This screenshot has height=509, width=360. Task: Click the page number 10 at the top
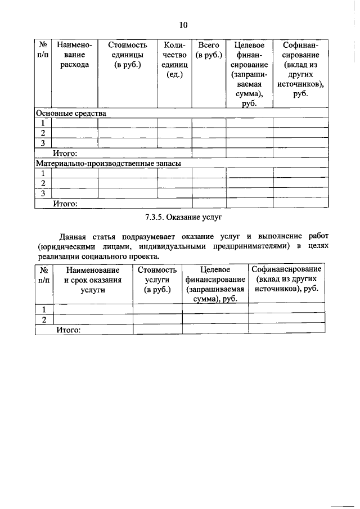tap(183, 25)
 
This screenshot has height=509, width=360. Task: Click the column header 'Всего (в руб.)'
tap(208, 50)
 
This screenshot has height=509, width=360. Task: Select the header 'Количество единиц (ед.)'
tap(174, 60)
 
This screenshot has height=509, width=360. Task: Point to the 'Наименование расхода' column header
tap(75, 55)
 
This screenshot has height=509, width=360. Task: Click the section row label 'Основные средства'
tap(71, 112)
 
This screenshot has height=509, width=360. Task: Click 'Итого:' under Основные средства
tap(65, 153)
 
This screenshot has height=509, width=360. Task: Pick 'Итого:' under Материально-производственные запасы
tap(65, 204)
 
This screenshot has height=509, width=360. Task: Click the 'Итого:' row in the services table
tap(68, 330)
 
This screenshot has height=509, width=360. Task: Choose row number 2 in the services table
tap(43, 319)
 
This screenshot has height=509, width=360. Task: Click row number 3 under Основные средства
tap(43, 143)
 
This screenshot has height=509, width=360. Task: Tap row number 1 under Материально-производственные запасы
tap(43, 173)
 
